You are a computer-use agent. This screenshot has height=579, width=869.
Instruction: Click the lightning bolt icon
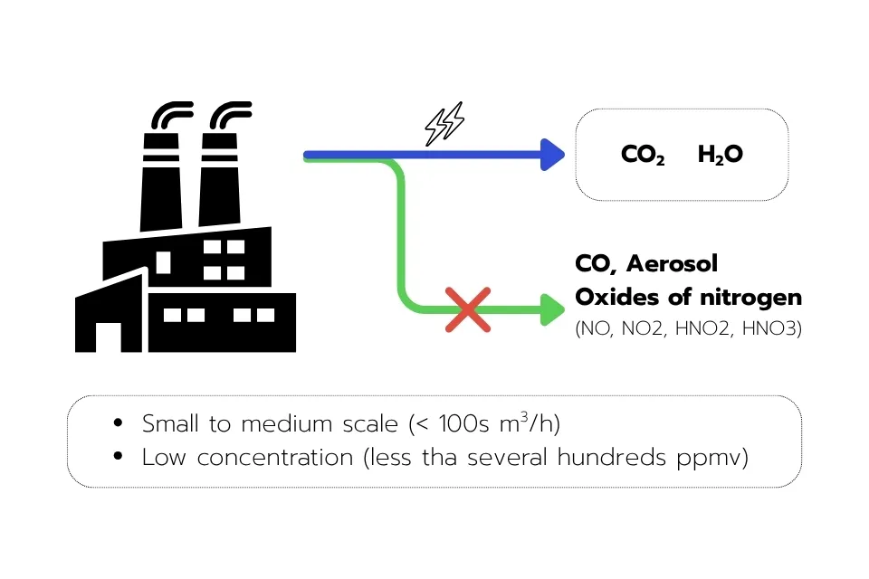(x=444, y=124)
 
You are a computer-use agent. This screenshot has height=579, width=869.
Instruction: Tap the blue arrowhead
(x=552, y=155)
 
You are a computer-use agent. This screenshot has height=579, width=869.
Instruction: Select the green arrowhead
(x=552, y=309)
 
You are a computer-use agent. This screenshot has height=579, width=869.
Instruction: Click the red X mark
(x=468, y=309)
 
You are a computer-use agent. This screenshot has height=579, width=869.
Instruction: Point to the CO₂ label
(x=643, y=155)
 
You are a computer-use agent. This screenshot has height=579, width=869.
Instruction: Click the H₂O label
(x=720, y=155)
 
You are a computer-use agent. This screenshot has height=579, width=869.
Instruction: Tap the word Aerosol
(x=672, y=264)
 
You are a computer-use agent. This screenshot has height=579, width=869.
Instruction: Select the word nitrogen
(x=751, y=298)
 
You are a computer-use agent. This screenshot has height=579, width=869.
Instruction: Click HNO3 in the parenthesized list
(x=771, y=328)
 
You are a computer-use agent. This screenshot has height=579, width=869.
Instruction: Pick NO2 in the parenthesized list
(x=644, y=328)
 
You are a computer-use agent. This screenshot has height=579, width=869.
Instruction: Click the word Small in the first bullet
(x=170, y=424)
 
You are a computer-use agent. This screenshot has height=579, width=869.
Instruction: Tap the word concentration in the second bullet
(x=275, y=458)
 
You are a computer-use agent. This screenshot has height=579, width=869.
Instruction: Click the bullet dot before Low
(x=118, y=457)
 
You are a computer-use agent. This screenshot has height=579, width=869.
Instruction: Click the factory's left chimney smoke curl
(x=171, y=115)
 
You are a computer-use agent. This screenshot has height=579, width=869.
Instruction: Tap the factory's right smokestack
(x=219, y=180)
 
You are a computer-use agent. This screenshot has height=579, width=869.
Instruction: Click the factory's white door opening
(x=108, y=337)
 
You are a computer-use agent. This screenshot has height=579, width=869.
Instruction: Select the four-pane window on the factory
(x=224, y=260)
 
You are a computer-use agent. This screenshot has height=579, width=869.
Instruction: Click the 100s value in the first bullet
(x=463, y=424)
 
